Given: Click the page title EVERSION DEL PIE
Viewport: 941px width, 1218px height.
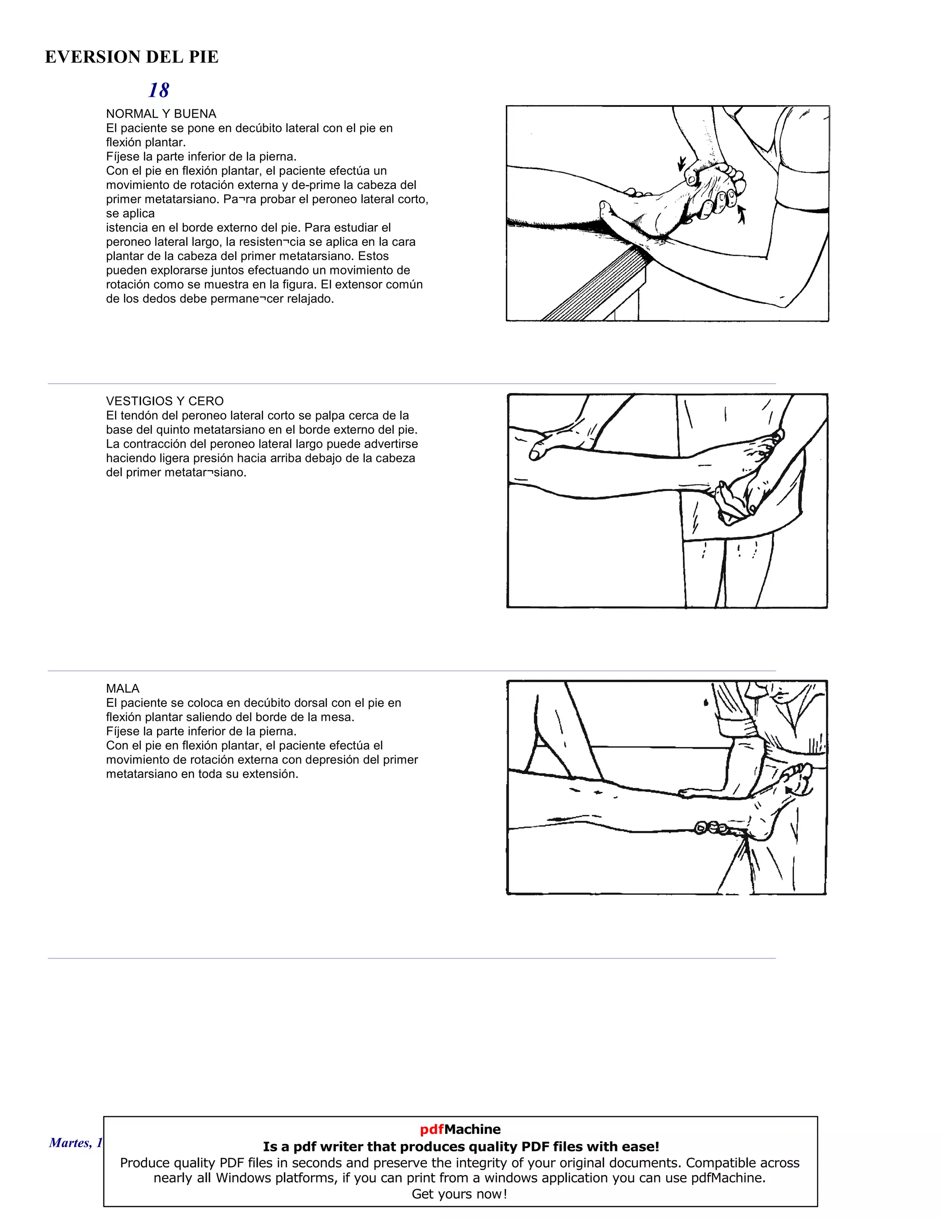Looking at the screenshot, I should pyautogui.click(x=131, y=57).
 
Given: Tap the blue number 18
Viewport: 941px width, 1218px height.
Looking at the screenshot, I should pyautogui.click(x=159, y=91).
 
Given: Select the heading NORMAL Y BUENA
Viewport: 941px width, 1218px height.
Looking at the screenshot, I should pyautogui.click(x=161, y=114).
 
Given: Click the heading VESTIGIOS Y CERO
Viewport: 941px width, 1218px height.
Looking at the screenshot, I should pyautogui.click(x=164, y=401).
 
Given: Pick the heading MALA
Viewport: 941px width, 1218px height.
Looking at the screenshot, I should pyautogui.click(x=123, y=688).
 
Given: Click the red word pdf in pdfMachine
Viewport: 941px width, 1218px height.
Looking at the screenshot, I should pyautogui.click(x=431, y=1129).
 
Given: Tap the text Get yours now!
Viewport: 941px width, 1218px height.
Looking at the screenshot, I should pyautogui.click(x=459, y=1194).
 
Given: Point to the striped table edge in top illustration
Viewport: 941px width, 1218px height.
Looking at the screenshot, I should pyautogui.click(x=596, y=285).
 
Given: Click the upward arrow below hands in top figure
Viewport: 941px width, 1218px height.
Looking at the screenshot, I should pyautogui.click(x=742, y=214).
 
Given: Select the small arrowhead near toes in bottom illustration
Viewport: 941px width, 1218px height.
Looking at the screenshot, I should pyautogui.click(x=789, y=790).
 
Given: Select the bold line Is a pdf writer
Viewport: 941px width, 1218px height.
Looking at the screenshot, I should pyautogui.click(x=460, y=1147).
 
